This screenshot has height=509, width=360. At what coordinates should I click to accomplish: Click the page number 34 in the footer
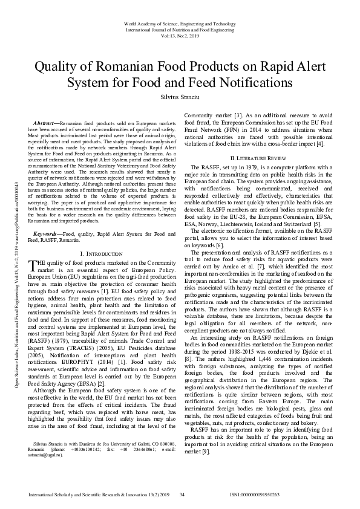coord(182,495)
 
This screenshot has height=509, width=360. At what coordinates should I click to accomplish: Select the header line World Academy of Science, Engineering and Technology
coord(180,22)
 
